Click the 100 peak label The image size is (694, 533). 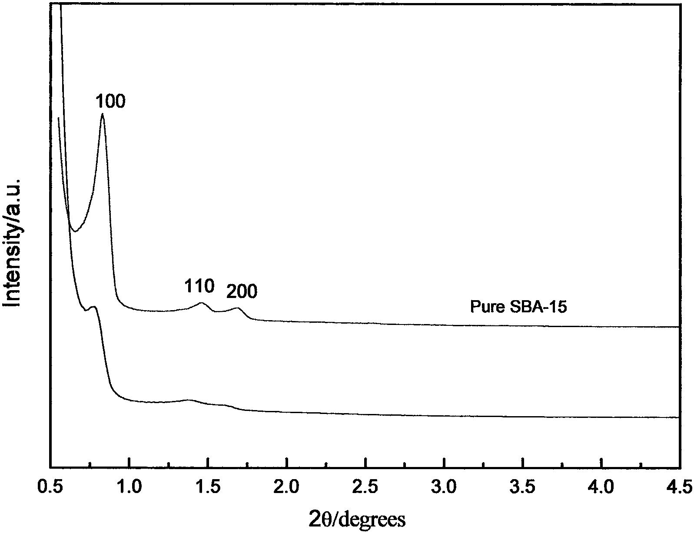coord(110,102)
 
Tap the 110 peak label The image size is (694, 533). coord(199,287)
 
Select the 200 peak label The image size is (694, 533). coord(242,292)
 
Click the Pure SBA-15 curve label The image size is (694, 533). coord(518,308)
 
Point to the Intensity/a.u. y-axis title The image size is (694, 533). coord(13,242)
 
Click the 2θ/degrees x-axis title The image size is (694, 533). coord(358,519)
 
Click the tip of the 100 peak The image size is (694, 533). coord(102,114)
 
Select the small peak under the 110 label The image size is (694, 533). coord(201,303)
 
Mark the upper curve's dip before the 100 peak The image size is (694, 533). coord(75,231)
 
